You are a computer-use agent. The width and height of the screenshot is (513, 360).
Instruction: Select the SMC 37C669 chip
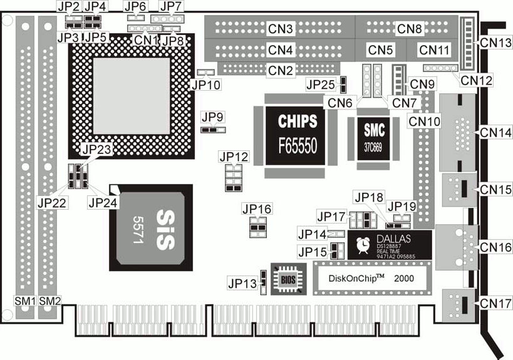[x=375, y=138]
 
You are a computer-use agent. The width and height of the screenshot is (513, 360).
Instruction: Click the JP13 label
[x=243, y=283]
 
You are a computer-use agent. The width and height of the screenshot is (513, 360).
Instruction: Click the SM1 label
[x=26, y=301]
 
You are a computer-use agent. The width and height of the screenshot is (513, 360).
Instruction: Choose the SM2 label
[x=49, y=301]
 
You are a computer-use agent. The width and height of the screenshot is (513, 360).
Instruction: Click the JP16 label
[x=257, y=208]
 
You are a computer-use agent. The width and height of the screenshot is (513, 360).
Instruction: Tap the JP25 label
[x=321, y=84]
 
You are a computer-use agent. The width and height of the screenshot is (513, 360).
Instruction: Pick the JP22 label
[x=51, y=202]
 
